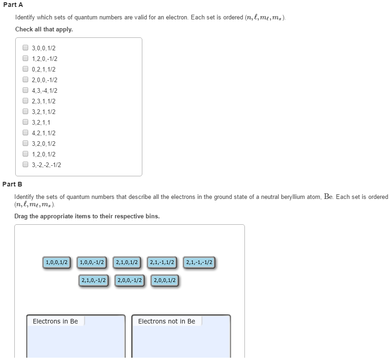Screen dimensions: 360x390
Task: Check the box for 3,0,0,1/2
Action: (25, 48)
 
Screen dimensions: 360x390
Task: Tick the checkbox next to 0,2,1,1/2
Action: (25, 69)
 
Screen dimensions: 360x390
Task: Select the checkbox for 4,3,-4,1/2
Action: (25, 90)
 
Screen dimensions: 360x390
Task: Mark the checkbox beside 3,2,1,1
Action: (25, 122)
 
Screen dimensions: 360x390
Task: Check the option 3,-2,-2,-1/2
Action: (25, 164)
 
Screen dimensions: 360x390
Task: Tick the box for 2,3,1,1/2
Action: (25, 101)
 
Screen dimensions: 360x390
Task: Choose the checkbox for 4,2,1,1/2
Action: (25, 132)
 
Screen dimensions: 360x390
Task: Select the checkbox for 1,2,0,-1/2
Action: (25, 58)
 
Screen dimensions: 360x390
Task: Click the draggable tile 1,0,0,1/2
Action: (57, 263)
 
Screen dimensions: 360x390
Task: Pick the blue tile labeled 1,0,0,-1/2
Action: (92, 263)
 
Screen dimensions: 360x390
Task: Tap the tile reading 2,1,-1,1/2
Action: (162, 263)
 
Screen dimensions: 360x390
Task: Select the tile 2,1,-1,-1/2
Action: (199, 263)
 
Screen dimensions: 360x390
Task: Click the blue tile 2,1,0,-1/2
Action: (93, 280)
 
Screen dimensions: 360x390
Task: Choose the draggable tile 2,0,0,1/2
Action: (165, 280)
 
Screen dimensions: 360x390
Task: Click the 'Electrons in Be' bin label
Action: (55, 321)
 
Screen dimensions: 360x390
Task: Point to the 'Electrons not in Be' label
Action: (166, 321)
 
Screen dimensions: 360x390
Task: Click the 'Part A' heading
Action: (13, 5)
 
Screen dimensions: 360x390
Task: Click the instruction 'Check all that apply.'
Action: (44, 29)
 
